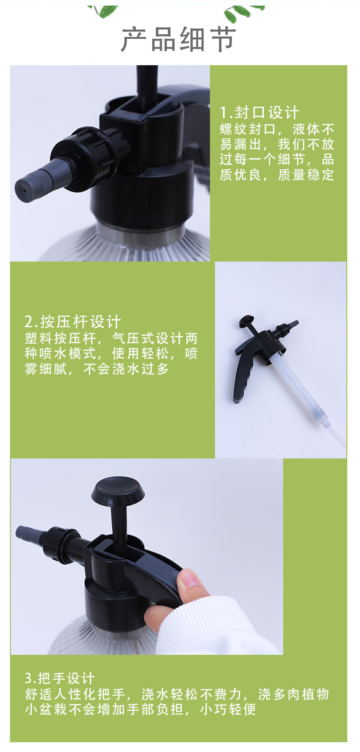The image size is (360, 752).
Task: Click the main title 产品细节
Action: (x=178, y=39)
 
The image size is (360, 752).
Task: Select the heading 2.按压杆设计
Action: (x=72, y=322)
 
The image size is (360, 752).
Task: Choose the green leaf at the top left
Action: (x=103, y=11)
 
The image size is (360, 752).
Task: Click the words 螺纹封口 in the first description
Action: (x=248, y=129)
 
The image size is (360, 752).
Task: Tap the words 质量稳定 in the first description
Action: (x=306, y=175)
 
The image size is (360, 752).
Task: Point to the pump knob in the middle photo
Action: (x=247, y=321)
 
